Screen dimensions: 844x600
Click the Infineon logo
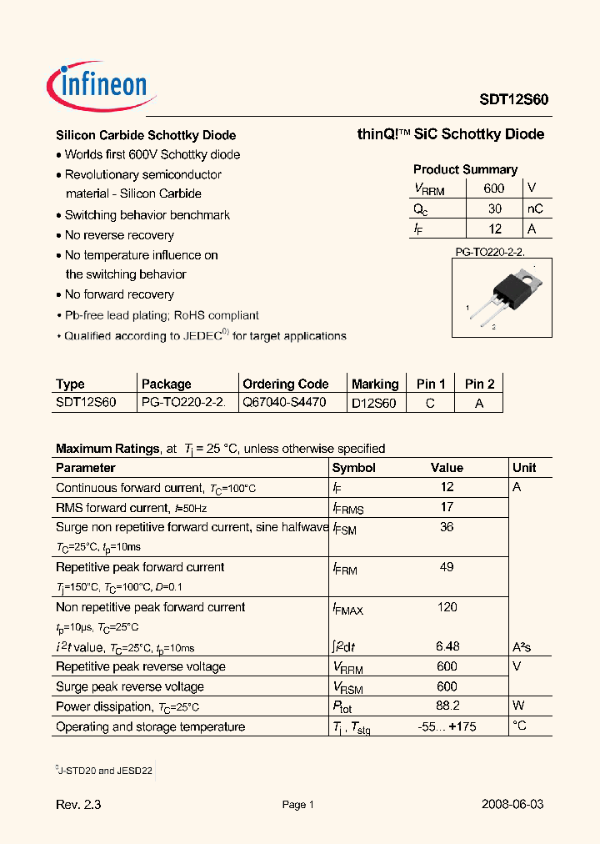point(97,84)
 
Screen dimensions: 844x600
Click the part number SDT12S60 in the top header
point(513,98)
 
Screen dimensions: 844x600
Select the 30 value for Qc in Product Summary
point(495,209)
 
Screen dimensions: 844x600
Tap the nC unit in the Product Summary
point(534,209)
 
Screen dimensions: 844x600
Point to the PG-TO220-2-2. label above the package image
point(489,250)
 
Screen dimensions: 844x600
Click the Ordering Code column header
point(285,384)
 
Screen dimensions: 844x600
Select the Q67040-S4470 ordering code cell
point(284,402)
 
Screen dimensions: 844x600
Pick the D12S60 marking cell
point(373,403)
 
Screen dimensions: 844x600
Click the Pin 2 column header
point(479,384)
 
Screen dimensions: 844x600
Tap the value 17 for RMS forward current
point(447,507)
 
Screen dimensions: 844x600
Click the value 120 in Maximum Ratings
point(447,607)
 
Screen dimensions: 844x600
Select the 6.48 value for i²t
point(447,646)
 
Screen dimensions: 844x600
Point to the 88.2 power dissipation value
point(447,706)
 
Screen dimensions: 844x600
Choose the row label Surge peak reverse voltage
point(130,686)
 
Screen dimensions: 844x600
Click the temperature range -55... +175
point(447,726)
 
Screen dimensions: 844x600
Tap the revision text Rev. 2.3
point(79,805)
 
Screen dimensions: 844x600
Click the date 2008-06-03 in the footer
point(512,805)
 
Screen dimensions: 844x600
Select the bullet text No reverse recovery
point(119,235)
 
